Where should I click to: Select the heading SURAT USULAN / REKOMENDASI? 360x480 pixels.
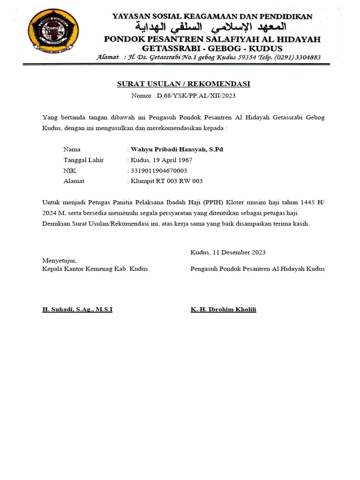(x=183, y=84)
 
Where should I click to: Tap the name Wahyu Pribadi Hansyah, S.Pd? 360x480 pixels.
(x=177, y=150)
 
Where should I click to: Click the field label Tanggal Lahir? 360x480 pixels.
(x=83, y=160)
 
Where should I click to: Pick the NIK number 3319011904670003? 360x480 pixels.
(x=159, y=171)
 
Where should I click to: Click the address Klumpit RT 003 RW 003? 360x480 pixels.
(x=166, y=181)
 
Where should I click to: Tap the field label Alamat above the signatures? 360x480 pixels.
(x=74, y=181)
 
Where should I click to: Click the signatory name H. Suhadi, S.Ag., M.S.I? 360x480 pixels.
(x=77, y=310)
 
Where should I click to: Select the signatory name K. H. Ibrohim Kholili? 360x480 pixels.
(x=223, y=310)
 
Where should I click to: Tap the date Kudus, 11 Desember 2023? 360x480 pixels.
(x=228, y=252)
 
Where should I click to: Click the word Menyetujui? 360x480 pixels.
(x=60, y=260)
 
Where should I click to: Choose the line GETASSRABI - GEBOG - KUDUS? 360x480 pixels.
(x=212, y=48)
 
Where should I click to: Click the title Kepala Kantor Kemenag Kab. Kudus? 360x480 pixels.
(x=95, y=269)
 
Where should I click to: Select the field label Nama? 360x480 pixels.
(x=72, y=150)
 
